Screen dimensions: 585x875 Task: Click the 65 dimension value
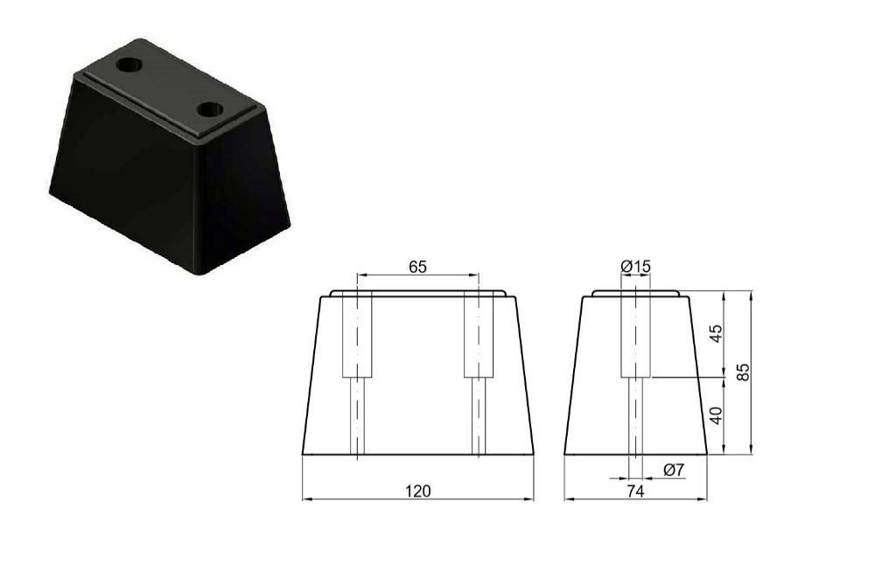[417, 268]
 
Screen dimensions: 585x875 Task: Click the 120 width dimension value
[418, 491]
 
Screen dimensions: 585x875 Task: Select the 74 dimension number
[635, 491]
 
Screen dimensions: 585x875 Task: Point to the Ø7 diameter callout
[674, 470]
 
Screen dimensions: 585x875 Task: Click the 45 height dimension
[717, 334]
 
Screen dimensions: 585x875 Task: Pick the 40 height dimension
[717, 415]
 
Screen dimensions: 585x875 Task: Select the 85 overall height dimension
[744, 372]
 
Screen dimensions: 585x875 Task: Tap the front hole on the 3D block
[210, 110]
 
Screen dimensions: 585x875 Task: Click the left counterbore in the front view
[357, 336]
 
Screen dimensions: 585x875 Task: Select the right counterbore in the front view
[479, 336]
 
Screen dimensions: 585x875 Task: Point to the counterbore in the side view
[635, 336]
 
